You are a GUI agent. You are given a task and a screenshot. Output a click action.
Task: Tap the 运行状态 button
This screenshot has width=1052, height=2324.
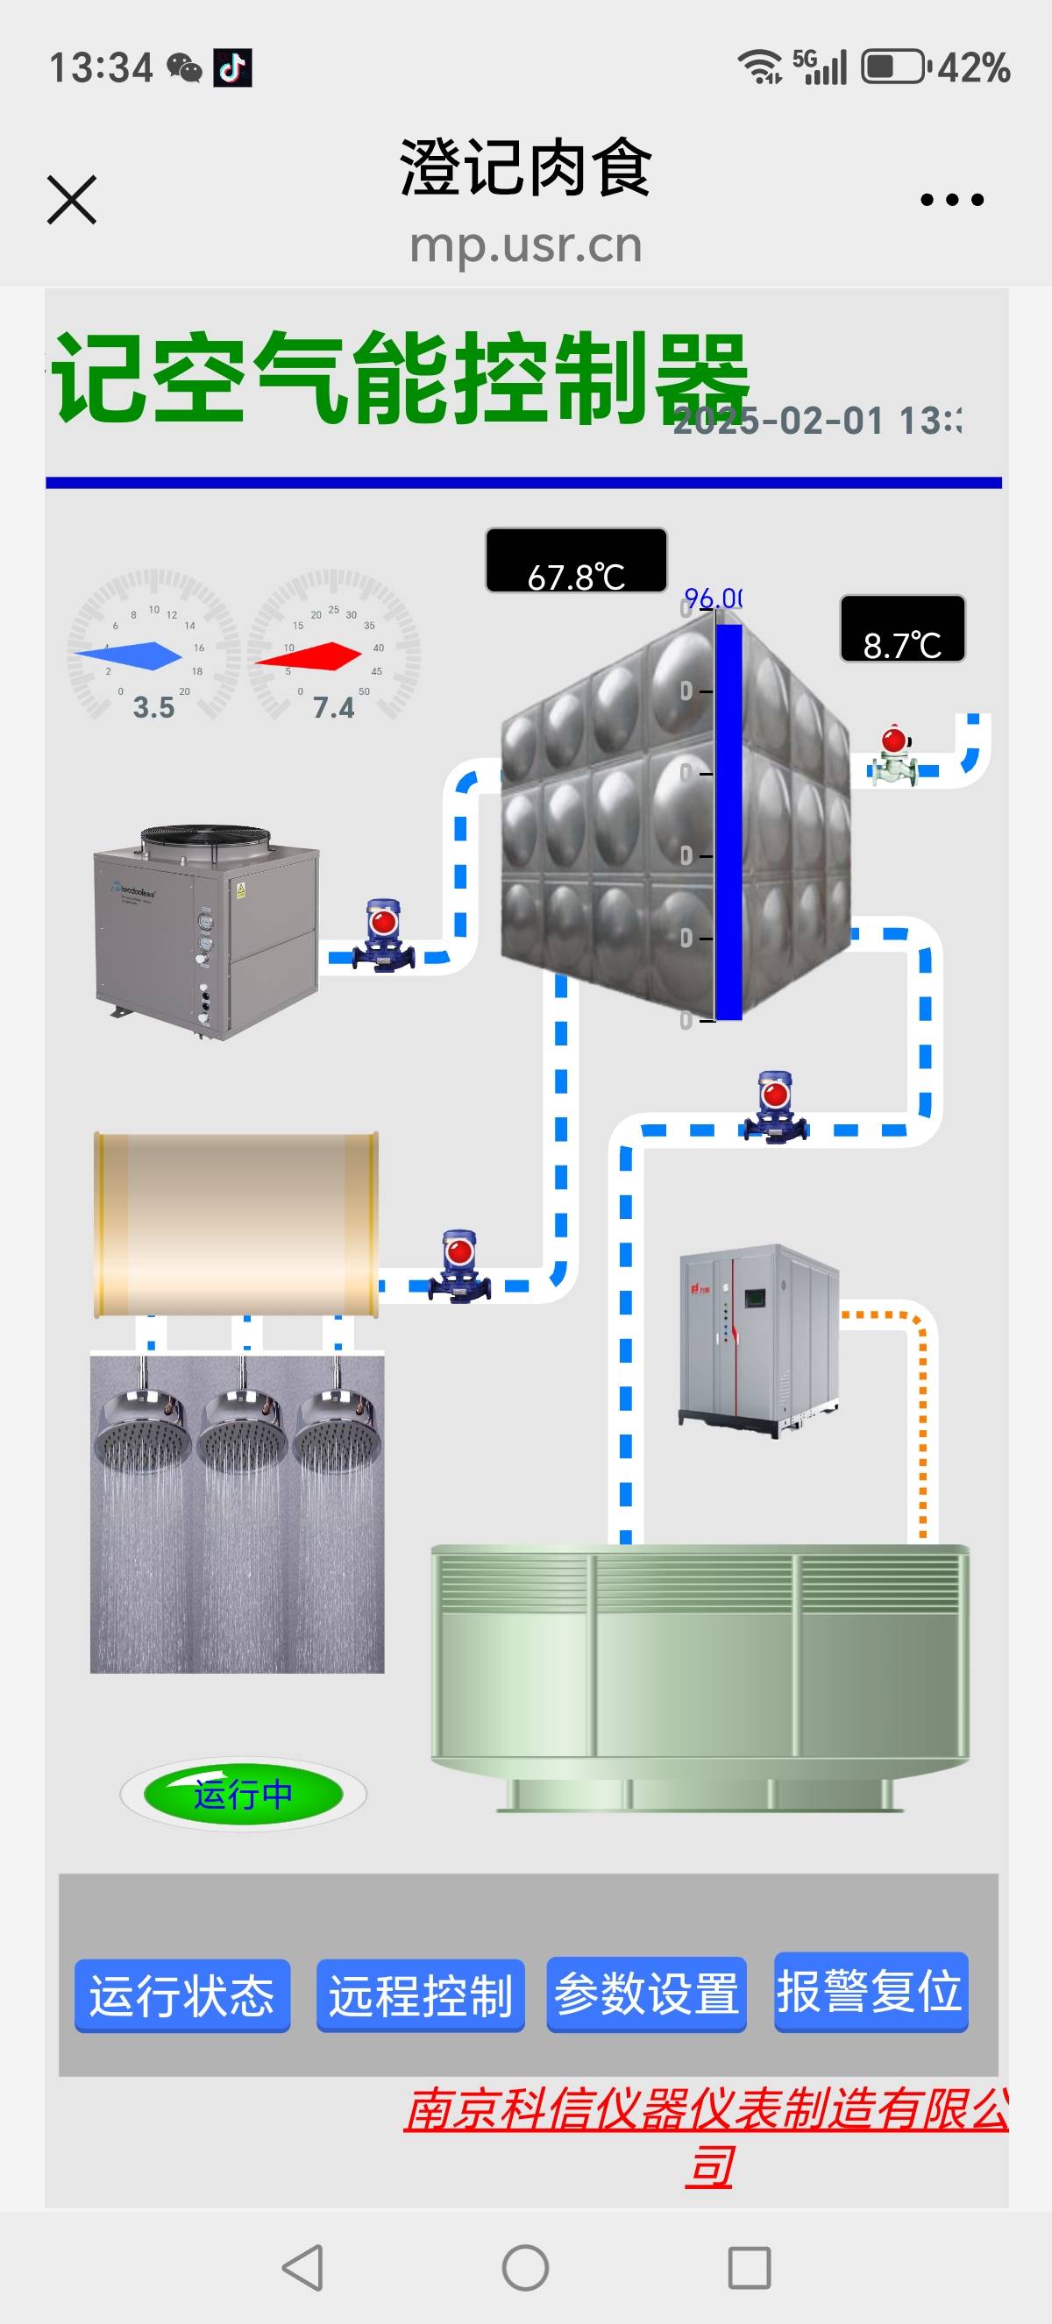(182, 1995)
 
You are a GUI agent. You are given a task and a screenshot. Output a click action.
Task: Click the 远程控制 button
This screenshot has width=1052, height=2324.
(421, 1995)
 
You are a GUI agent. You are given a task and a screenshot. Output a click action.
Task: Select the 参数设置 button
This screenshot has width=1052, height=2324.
(646, 1993)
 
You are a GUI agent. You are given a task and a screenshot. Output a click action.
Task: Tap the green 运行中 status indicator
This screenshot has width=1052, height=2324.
(243, 1795)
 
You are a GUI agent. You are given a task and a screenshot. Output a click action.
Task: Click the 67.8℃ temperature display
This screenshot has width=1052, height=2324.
(577, 561)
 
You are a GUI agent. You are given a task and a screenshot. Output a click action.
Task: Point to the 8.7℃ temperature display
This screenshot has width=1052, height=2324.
(902, 629)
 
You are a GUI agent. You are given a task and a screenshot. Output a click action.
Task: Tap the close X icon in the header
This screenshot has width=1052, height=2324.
(71, 200)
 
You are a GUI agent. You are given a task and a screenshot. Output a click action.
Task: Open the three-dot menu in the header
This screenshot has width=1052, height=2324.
(952, 200)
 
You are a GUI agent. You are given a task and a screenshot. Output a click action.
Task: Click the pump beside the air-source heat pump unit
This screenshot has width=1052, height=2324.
(383, 937)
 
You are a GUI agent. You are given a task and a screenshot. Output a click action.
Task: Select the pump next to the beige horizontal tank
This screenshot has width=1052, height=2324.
(459, 1265)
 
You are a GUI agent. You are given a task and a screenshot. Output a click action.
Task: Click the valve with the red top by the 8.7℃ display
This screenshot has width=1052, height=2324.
(894, 756)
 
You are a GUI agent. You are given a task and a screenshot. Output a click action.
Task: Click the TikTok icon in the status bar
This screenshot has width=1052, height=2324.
(233, 67)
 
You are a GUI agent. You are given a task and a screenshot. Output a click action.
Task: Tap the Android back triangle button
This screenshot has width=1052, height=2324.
(303, 2267)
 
